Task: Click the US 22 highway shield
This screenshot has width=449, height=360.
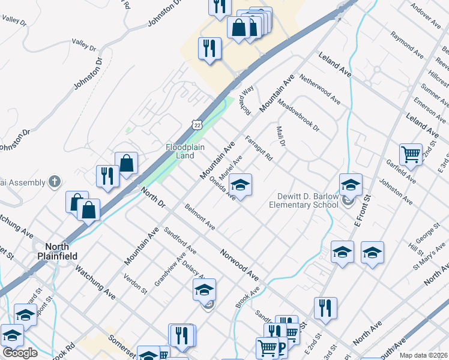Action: pyautogui.click(x=197, y=124)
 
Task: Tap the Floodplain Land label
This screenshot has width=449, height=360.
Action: pyautogui.click(x=180, y=151)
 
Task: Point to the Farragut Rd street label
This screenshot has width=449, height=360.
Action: pyautogui.click(x=259, y=149)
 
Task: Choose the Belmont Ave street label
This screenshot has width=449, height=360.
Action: pyautogui.click(x=200, y=217)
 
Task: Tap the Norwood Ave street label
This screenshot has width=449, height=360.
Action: pyautogui.click(x=239, y=266)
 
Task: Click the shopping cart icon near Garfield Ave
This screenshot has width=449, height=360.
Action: pyautogui.click(x=411, y=154)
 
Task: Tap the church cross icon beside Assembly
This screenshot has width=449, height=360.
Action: pyautogui.click(x=54, y=181)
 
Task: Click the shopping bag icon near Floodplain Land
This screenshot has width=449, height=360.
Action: pyautogui.click(x=127, y=163)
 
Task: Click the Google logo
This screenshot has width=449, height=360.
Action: pyautogui.click(x=20, y=352)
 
